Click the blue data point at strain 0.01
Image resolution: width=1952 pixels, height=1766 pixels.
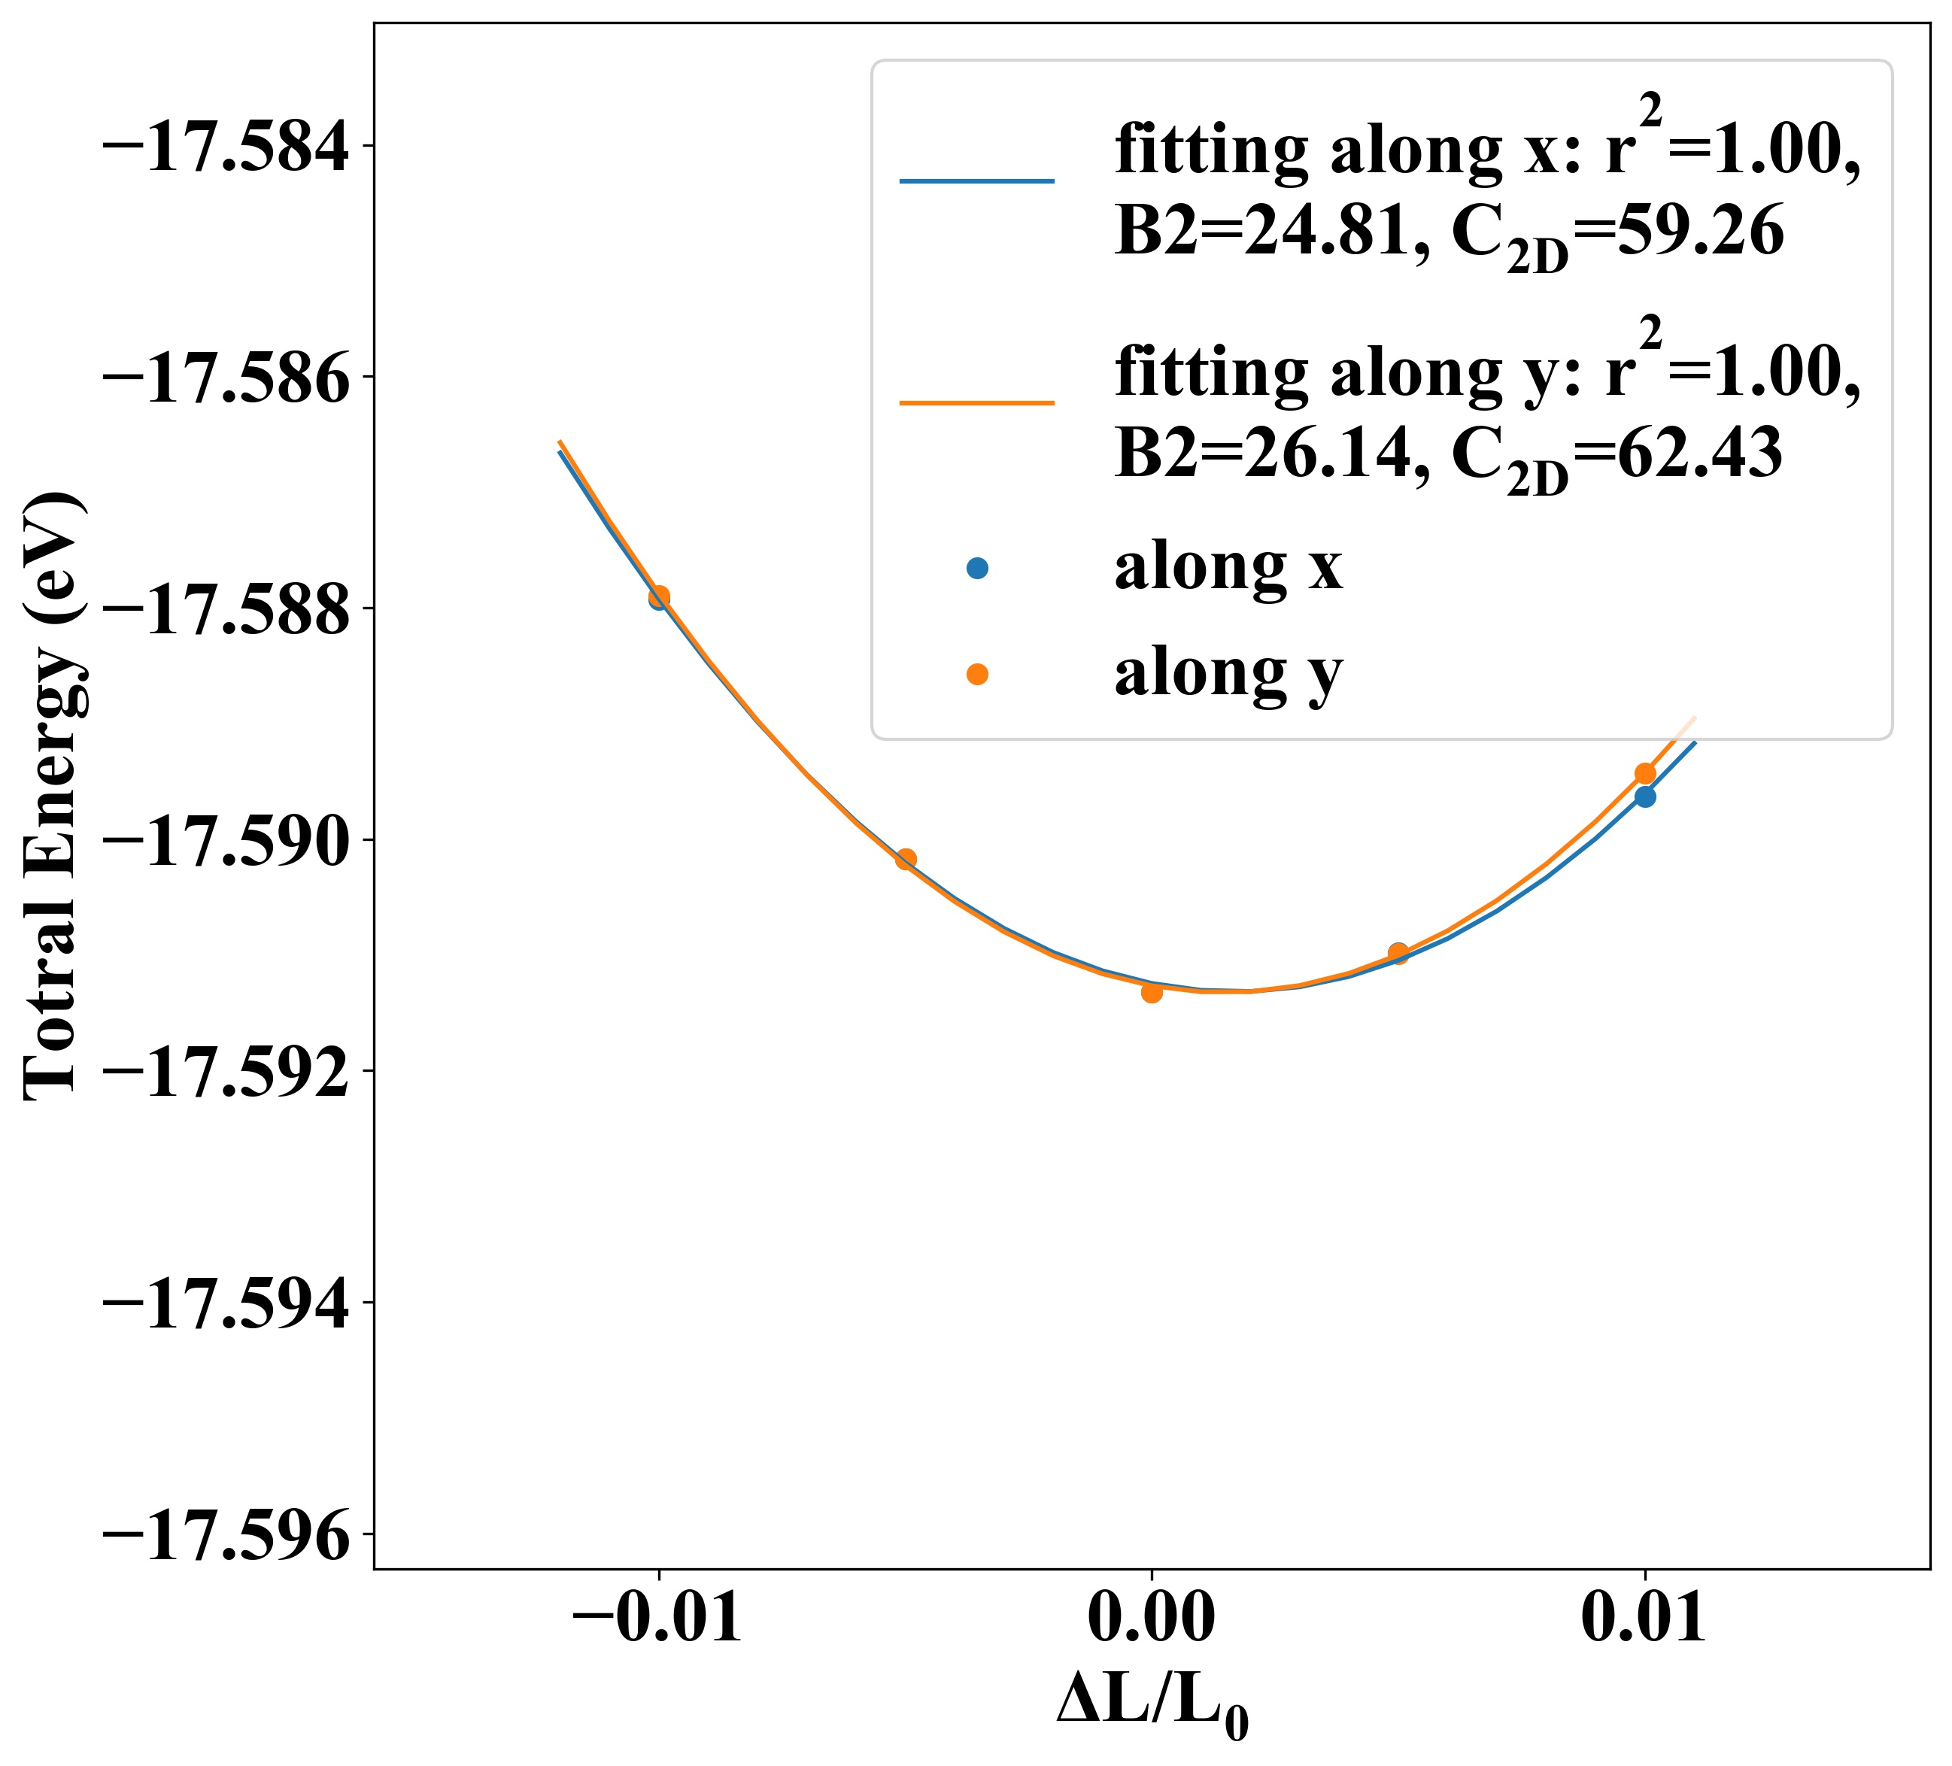coord(1644,797)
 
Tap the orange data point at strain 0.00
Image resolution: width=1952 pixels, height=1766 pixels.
coord(1151,991)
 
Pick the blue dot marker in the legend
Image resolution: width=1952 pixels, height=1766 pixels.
coord(977,569)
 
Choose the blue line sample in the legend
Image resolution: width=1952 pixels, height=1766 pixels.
coord(976,181)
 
